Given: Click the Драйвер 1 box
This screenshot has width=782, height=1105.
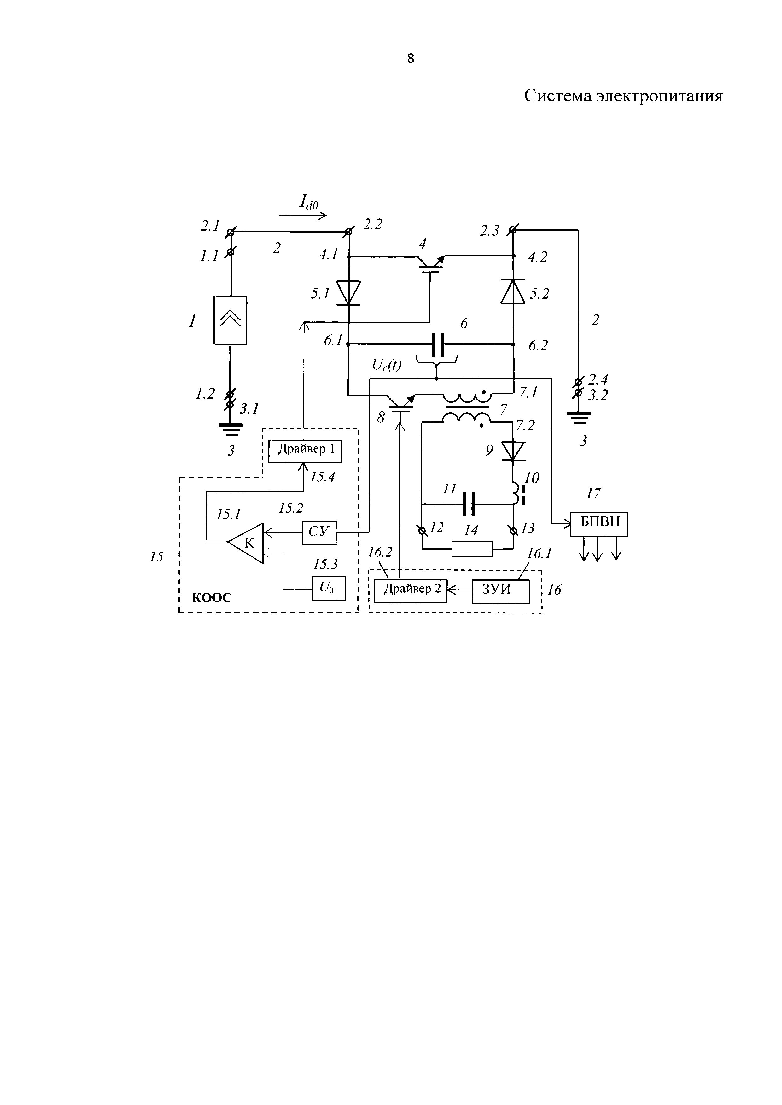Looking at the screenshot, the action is pyautogui.click(x=305, y=451).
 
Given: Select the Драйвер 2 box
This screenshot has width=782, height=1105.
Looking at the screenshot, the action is pyautogui.click(x=411, y=591).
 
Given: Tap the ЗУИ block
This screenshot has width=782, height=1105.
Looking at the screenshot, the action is pyautogui.click(x=500, y=591).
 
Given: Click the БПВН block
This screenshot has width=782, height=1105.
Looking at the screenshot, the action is pyautogui.click(x=599, y=524).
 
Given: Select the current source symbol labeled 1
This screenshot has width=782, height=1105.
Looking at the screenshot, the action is pyautogui.click(x=230, y=320).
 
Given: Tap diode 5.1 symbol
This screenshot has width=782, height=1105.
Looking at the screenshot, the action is pyautogui.click(x=348, y=293).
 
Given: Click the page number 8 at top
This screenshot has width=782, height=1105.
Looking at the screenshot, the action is pyautogui.click(x=410, y=59).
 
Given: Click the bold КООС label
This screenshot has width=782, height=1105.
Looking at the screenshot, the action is pyautogui.click(x=212, y=598).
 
